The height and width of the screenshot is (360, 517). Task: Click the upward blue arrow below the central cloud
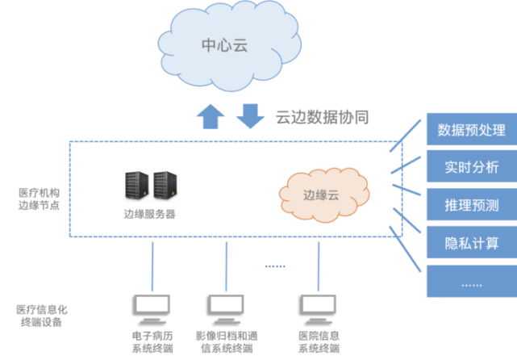pyautogui.click(x=211, y=117)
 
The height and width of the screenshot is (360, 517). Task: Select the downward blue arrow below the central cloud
pyautogui.click(x=250, y=116)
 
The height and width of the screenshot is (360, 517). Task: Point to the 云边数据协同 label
pyautogui.click(x=322, y=118)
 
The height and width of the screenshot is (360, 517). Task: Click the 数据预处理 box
pyautogui.click(x=471, y=130)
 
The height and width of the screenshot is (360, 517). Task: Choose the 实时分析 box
pyautogui.click(x=471, y=167)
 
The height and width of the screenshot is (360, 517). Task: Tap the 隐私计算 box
pyautogui.click(x=471, y=241)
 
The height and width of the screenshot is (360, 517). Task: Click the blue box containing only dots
pyautogui.click(x=471, y=282)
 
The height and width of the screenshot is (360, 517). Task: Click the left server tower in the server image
pyautogui.click(x=136, y=186)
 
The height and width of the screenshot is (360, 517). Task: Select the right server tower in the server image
pyautogui.click(x=165, y=186)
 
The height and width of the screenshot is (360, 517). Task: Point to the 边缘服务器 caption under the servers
pyautogui.click(x=149, y=215)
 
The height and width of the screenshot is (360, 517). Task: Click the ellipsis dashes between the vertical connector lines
pyautogui.click(x=275, y=266)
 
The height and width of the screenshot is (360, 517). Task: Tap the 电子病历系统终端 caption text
pyautogui.click(x=152, y=341)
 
